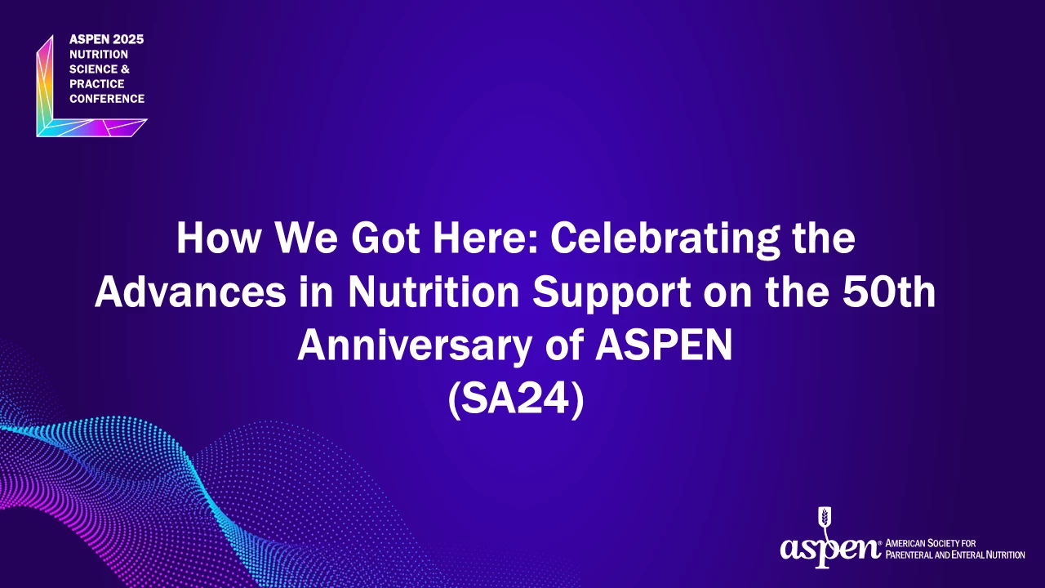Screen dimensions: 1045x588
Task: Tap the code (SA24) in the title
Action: (516, 399)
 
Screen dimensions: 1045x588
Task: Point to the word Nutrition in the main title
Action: (434, 292)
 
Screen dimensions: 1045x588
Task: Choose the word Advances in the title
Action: (190, 292)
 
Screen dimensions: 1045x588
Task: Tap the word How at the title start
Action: (218, 238)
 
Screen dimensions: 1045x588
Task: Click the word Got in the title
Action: (385, 238)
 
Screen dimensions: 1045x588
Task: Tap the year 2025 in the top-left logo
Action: (128, 40)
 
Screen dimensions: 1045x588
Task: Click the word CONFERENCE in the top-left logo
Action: (107, 99)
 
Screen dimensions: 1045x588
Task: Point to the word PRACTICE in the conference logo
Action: (97, 84)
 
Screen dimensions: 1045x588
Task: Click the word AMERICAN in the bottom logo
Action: (905, 543)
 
